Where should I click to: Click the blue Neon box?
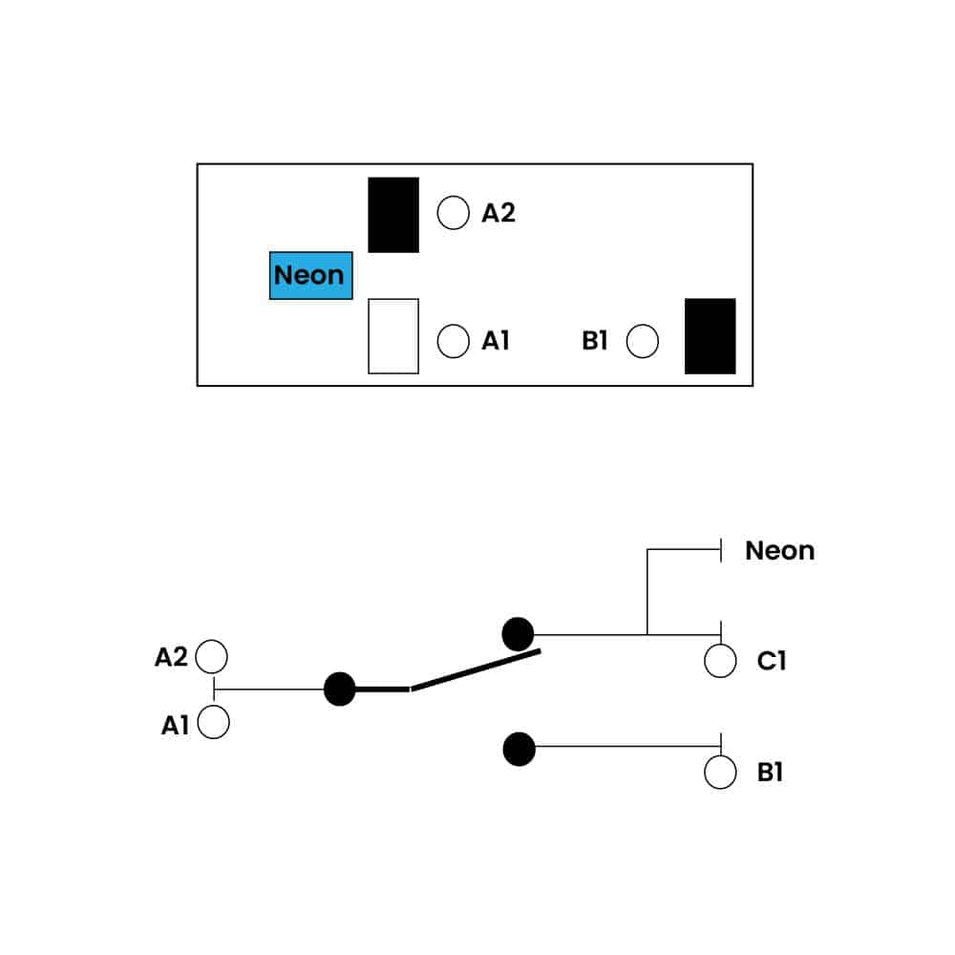pyautogui.click(x=310, y=276)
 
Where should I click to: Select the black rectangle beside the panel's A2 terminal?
pyautogui.click(x=393, y=215)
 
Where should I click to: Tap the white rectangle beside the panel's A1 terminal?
pyautogui.click(x=393, y=336)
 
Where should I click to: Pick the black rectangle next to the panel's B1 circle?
pyautogui.click(x=710, y=336)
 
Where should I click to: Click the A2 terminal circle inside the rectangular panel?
pyautogui.click(x=453, y=213)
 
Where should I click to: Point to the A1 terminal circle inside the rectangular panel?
pyautogui.click(x=453, y=341)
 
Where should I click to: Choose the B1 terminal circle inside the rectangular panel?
pyautogui.click(x=643, y=341)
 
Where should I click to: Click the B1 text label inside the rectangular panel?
pyautogui.click(x=595, y=341)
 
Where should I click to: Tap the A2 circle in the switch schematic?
pyautogui.click(x=212, y=657)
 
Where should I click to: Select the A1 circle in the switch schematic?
pyautogui.click(x=212, y=723)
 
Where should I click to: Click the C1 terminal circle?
pyautogui.click(x=720, y=661)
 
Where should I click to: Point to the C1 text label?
pyautogui.click(x=772, y=661)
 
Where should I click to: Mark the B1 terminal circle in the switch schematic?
pyautogui.click(x=720, y=772)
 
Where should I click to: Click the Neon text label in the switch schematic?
pyautogui.click(x=779, y=551)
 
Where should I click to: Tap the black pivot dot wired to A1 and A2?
pyautogui.click(x=339, y=689)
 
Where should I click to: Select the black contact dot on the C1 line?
pyautogui.click(x=518, y=633)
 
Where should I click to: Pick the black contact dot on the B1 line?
pyautogui.click(x=519, y=749)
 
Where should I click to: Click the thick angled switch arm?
pyautogui.click(x=475, y=670)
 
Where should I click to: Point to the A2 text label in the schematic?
pyautogui.click(x=171, y=657)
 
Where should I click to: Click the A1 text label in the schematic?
pyautogui.click(x=175, y=726)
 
